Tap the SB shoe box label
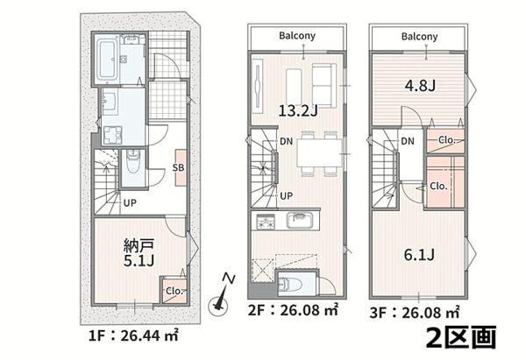(x=179, y=167)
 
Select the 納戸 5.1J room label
(x=139, y=253)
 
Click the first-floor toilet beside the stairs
(x=133, y=164)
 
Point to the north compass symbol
(x=219, y=295)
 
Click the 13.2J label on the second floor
(x=298, y=110)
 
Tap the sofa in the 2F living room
(x=324, y=85)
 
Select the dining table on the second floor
(x=319, y=152)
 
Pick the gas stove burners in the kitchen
(x=266, y=222)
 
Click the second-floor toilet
(x=290, y=285)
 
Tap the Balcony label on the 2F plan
(x=297, y=36)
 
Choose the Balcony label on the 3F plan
(x=419, y=36)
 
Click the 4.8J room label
(x=420, y=86)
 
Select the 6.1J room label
(x=419, y=255)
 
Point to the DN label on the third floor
(x=408, y=141)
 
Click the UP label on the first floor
(x=130, y=203)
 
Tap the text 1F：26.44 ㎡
(x=133, y=335)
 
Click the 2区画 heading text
(x=460, y=338)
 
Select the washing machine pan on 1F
(x=112, y=135)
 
